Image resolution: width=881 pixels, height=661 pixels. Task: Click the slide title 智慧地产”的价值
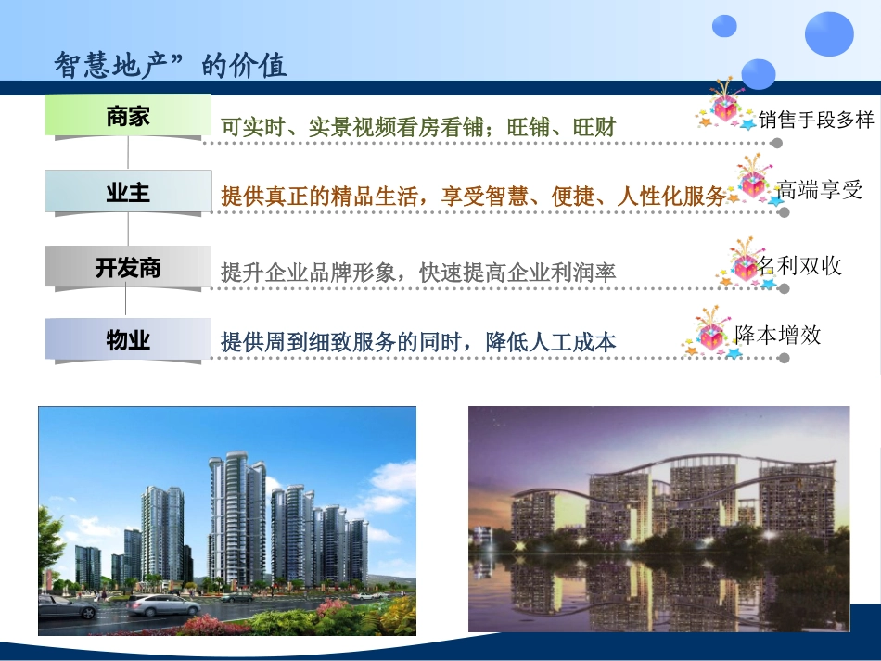coord(171,65)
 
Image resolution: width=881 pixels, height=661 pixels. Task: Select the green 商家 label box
coord(128,117)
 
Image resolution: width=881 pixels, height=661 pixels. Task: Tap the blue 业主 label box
coord(128,192)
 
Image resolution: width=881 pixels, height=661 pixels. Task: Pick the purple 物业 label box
coord(128,340)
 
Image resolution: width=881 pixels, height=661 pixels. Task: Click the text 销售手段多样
coord(815,120)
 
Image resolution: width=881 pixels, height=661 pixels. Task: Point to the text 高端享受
coord(820,189)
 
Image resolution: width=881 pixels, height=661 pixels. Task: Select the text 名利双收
coord(799,265)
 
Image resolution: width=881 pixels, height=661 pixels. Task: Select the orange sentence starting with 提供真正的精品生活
coord(473,197)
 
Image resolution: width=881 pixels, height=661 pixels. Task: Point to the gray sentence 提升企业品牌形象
coord(418,273)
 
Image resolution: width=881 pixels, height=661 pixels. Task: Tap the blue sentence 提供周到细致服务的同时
coord(418,342)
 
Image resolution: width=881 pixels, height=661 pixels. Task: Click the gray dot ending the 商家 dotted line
coord(777,144)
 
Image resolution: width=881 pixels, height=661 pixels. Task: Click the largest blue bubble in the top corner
coord(828,34)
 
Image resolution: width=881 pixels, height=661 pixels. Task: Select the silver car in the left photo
coord(163,605)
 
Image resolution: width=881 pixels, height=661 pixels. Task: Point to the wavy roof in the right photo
coord(668,468)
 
